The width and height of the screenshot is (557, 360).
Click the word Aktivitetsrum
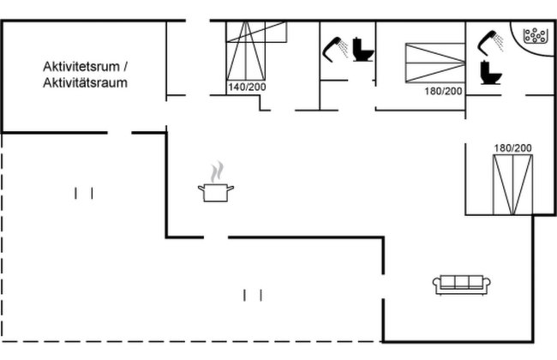click(x=81, y=67)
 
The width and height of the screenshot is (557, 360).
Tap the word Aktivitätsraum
click(x=85, y=83)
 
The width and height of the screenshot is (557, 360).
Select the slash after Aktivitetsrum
click(x=125, y=67)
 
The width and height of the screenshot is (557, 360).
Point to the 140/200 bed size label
click(x=247, y=87)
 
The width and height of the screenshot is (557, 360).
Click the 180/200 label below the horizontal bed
click(x=443, y=92)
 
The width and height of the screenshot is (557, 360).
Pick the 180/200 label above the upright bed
click(x=513, y=147)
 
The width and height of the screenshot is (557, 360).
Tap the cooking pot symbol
click(x=216, y=192)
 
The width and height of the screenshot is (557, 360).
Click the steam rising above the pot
click(x=217, y=172)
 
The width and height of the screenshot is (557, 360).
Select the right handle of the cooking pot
click(x=231, y=188)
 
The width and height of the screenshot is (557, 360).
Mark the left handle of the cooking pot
click(x=201, y=189)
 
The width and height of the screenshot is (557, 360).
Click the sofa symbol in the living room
click(x=461, y=285)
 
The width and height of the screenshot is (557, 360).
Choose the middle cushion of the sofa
click(x=461, y=282)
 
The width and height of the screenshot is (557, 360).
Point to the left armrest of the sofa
click(x=436, y=284)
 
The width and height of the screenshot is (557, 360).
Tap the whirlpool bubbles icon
click(x=535, y=35)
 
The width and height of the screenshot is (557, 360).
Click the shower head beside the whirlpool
click(x=490, y=43)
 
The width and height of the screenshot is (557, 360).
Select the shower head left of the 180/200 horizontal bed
click(x=335, y=49)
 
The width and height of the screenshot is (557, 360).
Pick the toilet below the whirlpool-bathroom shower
click(x=490, y=73)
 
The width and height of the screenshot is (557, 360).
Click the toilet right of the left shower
click(x=363, y=50)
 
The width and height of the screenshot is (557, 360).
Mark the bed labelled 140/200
click(x=246, y=51)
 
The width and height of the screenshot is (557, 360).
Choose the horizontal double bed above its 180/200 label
click(x=435, y=63)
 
